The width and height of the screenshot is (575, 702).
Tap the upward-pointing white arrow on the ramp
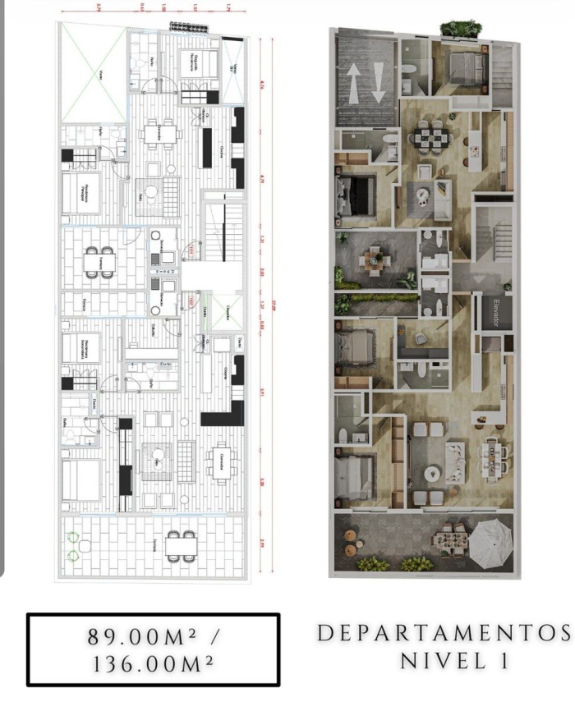[352, 83]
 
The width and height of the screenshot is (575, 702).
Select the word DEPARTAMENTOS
[444, 635]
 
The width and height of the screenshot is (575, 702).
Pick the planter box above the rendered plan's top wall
[461, 29]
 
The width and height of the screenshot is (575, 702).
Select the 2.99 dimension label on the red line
[261, 541]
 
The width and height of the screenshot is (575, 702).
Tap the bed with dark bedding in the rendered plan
[353, 195]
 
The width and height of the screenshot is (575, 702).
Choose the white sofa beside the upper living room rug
[443, 195]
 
